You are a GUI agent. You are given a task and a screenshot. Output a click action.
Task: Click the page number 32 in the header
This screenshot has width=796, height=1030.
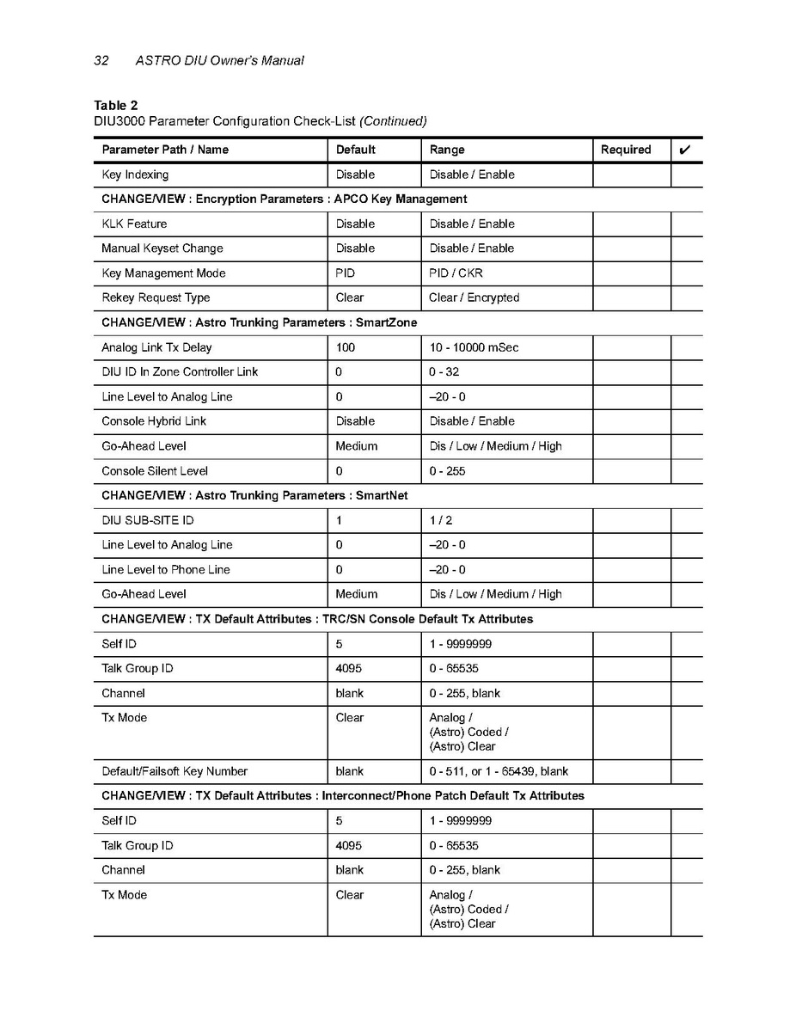point(101,60)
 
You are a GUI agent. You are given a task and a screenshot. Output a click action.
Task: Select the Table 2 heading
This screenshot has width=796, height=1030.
point(116,106)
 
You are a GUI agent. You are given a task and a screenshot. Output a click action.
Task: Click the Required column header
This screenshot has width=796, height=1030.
point(626,150)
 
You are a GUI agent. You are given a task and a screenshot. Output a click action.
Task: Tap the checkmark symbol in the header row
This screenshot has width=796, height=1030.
point(685,150)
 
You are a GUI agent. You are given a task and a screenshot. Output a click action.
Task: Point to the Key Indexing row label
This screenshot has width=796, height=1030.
point(135,175)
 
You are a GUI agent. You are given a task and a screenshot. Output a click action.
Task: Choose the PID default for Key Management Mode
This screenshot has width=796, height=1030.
point(346,273)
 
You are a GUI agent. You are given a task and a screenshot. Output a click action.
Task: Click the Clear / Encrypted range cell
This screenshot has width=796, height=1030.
point(474,297)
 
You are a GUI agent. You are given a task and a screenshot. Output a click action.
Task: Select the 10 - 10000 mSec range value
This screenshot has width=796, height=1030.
point(474,347)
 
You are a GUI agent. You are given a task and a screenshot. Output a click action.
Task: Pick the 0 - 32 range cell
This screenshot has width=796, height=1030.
point(445,372)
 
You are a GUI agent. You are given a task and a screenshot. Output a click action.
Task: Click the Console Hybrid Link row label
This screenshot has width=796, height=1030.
point(154,421)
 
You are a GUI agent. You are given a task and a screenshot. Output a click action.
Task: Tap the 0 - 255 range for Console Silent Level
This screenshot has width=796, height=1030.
point(447,471)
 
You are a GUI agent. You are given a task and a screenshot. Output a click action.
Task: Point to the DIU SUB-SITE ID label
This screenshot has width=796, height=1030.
point(142,520)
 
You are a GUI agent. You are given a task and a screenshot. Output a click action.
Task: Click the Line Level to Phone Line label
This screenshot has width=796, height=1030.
point(166,569)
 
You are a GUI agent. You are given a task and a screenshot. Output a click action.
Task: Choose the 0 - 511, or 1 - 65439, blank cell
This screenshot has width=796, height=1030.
point(499,771)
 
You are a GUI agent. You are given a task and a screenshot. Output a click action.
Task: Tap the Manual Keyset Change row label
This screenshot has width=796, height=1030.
point(162,248)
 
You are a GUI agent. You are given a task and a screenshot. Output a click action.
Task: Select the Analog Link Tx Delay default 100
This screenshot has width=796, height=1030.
point(346,347)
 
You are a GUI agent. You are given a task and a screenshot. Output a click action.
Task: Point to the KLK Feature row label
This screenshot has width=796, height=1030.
point(134,224)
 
